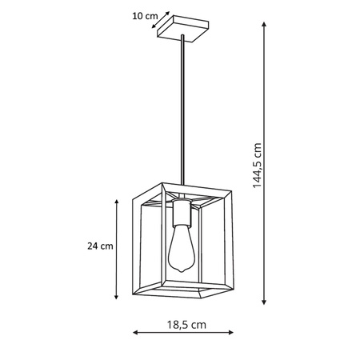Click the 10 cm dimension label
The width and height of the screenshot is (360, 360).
click(x=144, y=14)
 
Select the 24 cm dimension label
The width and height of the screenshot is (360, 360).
click(x=100, y=246)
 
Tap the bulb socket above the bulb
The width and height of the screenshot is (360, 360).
click(x=182, y=214)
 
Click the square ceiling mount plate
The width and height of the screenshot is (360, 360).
click(x=184, y=27)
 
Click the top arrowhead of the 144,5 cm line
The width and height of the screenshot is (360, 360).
click(x=265, y=23)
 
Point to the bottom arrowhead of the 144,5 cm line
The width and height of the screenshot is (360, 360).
click(x=265, y=304)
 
